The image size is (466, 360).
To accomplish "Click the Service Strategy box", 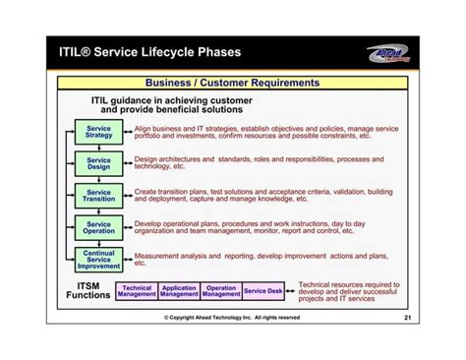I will [x=98, y=133].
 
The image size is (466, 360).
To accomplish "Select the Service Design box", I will [x=98, y=163].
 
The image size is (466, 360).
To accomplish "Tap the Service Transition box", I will [x=98, y=195].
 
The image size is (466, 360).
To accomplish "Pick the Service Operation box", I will [x=98, y=227].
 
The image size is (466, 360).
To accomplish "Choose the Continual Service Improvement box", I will [x=98, y=260].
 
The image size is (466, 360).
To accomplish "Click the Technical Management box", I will [x=137, y=291].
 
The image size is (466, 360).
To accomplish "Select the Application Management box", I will [x=179, y=291].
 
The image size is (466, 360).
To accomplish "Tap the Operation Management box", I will [x=221, y=291].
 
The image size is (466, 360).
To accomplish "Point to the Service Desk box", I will [x=263, y=291].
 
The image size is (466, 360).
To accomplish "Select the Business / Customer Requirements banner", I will [x=232, y=84].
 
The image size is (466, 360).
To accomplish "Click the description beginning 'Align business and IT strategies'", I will [x=265, y=133].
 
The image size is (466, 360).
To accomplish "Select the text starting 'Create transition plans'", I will [x=263, y=196].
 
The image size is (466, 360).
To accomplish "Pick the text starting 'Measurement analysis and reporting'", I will [x=258, y=259].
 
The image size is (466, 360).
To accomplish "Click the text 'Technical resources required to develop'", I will [x=349, y=291].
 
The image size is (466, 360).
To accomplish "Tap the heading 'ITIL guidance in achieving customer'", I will [x=172, y=104].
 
